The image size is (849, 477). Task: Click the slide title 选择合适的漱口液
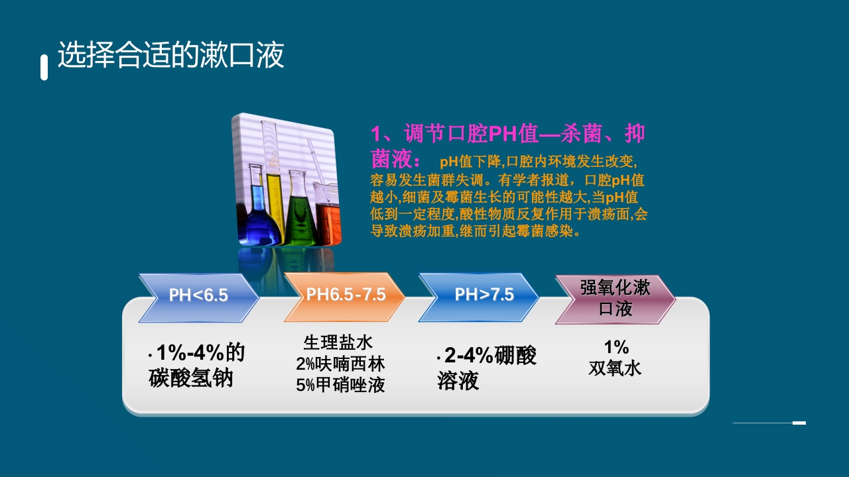[x=171, y=55]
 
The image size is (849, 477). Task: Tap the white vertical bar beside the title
[x=44, y=68]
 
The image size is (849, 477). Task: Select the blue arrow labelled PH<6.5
[x=198, y=295]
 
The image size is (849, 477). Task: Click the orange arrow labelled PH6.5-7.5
[x=345, y=295]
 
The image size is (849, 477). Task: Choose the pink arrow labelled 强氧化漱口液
[x=615, y=299]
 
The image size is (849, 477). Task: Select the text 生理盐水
[x=338, y=343]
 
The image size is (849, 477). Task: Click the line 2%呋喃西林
[x=340, y=364]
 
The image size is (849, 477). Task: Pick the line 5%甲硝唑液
[x=340, y=385]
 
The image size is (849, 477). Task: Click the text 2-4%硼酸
[x=490, y=356]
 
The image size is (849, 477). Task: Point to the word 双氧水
[x=615, y=368]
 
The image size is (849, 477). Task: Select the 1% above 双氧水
[x=616, y=347]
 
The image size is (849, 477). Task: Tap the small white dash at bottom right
[x=799, y=423]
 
